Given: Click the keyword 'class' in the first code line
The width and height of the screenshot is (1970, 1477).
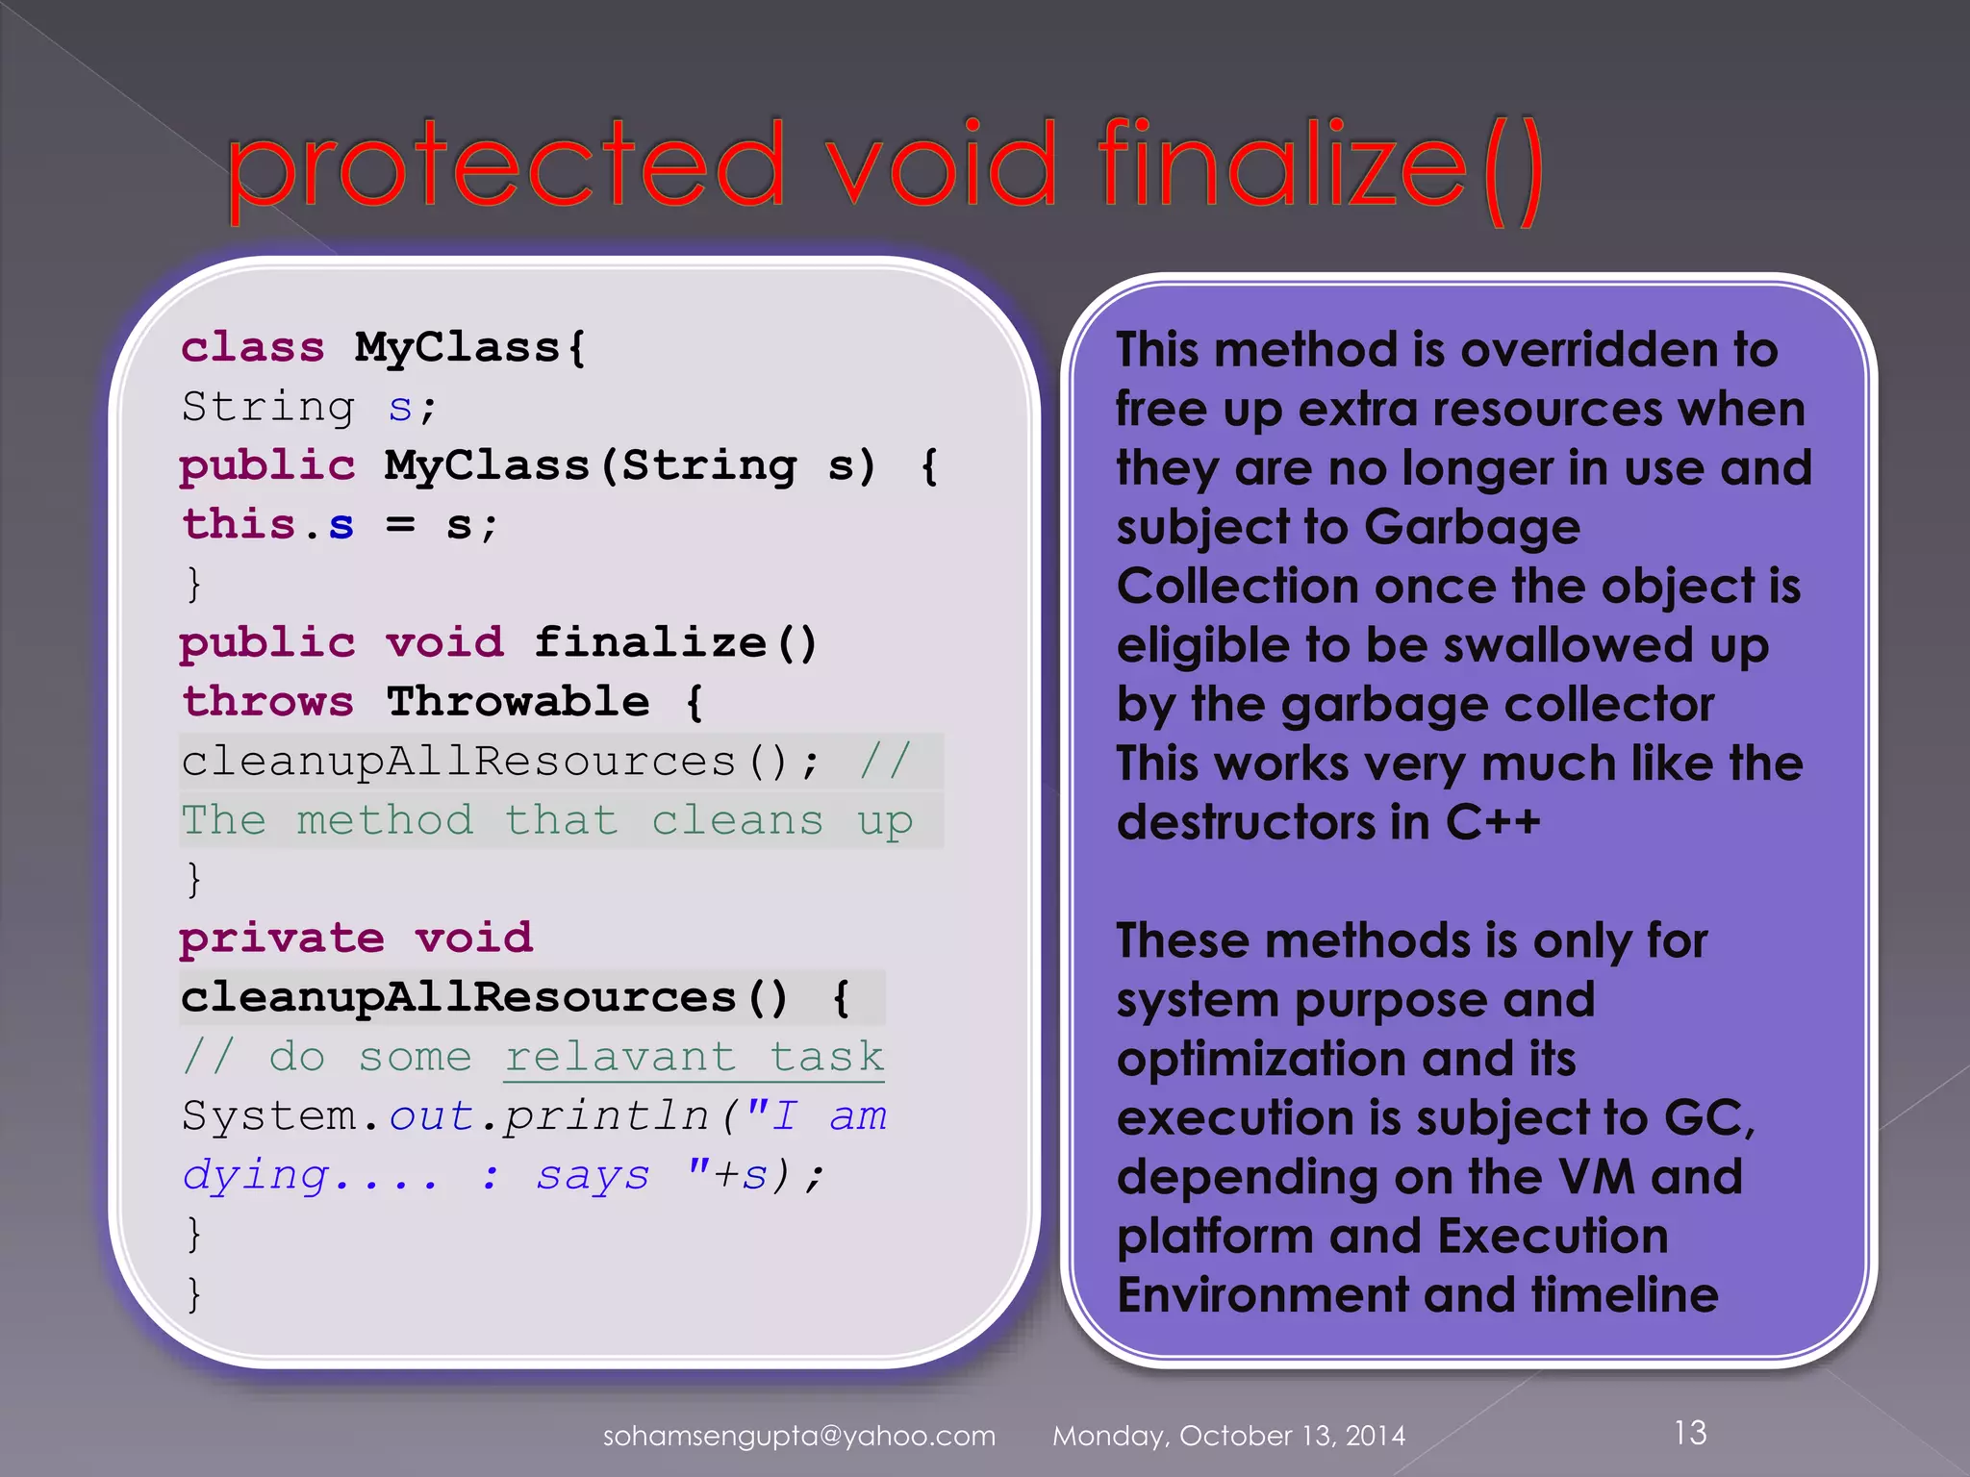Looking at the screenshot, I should click(253, 347).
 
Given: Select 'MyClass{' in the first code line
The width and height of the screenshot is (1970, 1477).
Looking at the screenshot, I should click(469, 347).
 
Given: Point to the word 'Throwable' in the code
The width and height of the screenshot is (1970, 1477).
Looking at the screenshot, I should click(518, 702).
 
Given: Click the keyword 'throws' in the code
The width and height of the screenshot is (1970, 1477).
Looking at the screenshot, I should click(268, 702).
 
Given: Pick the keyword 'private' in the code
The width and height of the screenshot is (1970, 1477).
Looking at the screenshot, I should click(282, 939).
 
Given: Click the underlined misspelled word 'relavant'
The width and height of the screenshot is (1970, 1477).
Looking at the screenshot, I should click(620, 1057).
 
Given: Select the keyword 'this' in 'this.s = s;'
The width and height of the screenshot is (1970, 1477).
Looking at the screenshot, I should click(239, 525).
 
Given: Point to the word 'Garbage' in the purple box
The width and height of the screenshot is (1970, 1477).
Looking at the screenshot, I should click(1472, 527).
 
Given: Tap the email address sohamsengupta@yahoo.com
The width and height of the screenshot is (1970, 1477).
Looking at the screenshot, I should click(798, 1436).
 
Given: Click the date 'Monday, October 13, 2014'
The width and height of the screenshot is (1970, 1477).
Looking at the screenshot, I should click(1228, 1436).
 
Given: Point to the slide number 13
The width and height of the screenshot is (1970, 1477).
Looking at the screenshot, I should click(1690, 1433).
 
